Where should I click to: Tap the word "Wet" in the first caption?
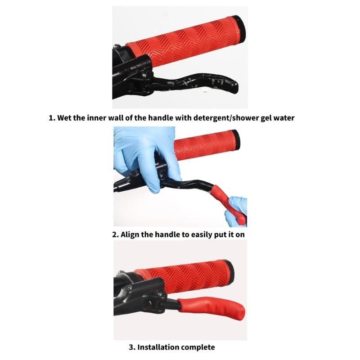coord(66,118)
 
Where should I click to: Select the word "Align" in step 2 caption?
coord(131,234)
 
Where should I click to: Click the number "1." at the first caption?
coord(52,118)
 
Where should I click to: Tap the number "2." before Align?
coord(115,234)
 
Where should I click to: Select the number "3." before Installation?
coord(132,347)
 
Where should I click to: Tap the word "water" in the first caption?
coord(284,118)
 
